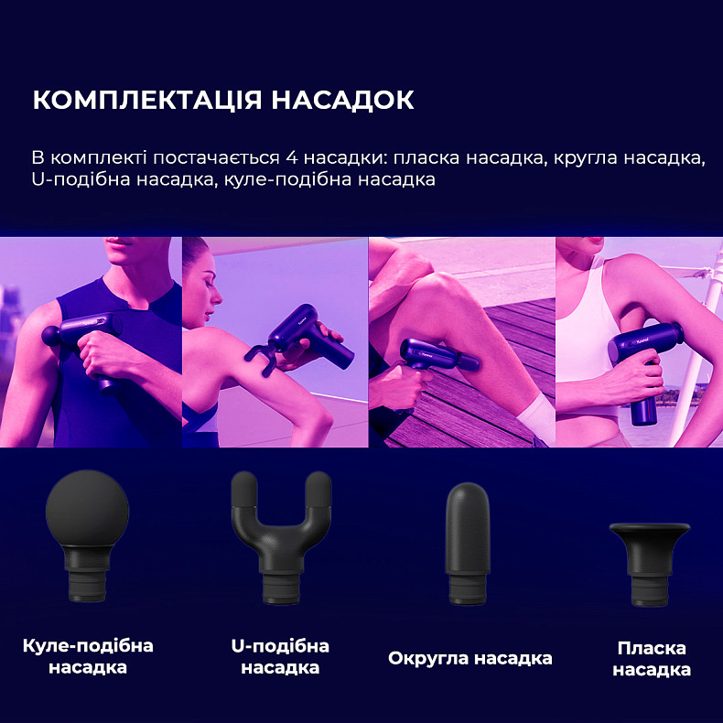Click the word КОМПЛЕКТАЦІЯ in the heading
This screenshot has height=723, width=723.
[146, 100]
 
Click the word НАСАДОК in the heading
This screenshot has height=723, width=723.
[342, 100]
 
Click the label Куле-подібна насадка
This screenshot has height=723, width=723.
[88, 656]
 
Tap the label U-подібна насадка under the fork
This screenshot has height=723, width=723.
[280, 656]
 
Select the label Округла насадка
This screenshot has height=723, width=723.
[469, 658]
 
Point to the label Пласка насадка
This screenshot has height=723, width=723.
[652, 659]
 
